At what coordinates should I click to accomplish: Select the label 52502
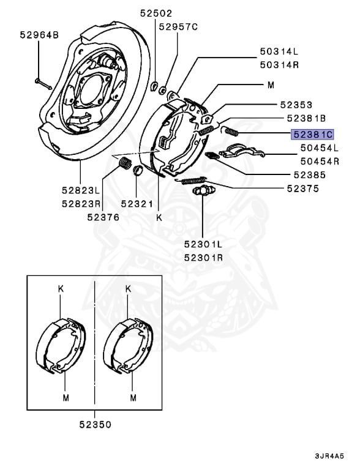tap(156, 13)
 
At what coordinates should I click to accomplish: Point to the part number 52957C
tap(178, 27)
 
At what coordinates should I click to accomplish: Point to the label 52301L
tap(203, 244)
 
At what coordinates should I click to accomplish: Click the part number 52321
tap(138, 202)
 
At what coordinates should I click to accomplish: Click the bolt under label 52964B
tap(42, 81)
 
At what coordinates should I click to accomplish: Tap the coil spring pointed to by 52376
tap(125, 163)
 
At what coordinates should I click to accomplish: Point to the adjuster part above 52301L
tap(202, 192)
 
